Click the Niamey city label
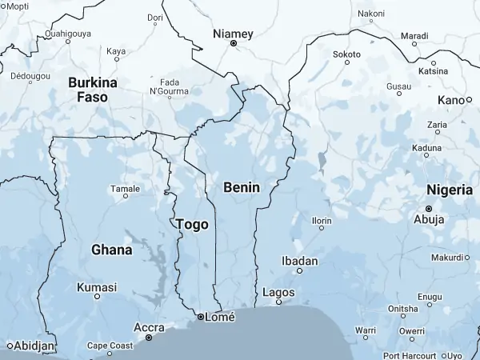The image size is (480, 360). coord(233,34)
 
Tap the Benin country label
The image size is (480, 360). coord(242,186)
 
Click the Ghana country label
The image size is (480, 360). coord(111,250)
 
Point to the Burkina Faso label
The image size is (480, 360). coord(93,89)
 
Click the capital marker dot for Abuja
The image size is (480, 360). coord(429,208)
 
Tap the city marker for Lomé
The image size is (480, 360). coord(200,318)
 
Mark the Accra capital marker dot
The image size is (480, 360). coord(149,338)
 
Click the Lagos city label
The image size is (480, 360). coord(278,293)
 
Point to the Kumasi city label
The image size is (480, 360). coord(96,287)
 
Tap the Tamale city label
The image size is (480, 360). coord(125,189)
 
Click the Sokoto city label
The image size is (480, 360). coord(346,54)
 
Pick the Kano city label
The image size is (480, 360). coord(450,100)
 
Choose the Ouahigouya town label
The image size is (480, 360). coord(68,33)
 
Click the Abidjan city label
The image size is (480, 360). coord(35,346)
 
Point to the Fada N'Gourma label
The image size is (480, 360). coord(169,87)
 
